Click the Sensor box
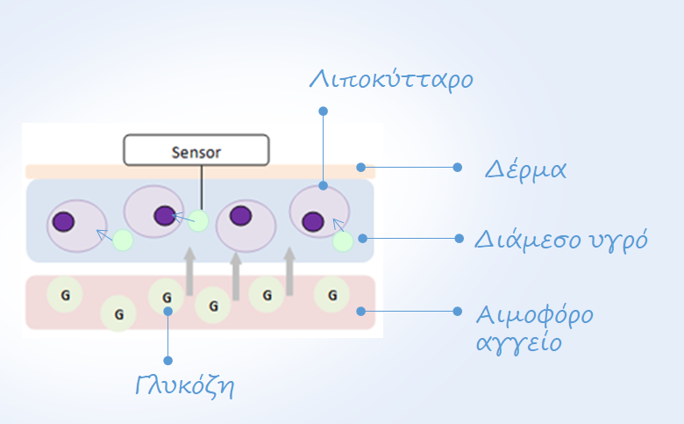[196, 150]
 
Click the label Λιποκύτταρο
[391, 80]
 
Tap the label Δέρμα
[525, 169]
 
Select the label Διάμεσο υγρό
[561, 240]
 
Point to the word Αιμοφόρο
[535, 315]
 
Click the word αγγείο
[518, 342]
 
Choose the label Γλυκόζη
[185, 385]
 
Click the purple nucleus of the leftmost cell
[64, 221]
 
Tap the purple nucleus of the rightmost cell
[313, 221]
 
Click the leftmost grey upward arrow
[189, 271]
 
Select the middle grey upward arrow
[236, 277]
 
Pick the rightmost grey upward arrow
[289, 271]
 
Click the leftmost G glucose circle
[65, 295]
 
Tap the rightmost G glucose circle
[332, 295]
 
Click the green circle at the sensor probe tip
[198, 220]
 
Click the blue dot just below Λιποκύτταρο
[324, 111]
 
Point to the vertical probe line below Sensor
[202, 188]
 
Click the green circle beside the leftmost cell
[123, 241]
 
